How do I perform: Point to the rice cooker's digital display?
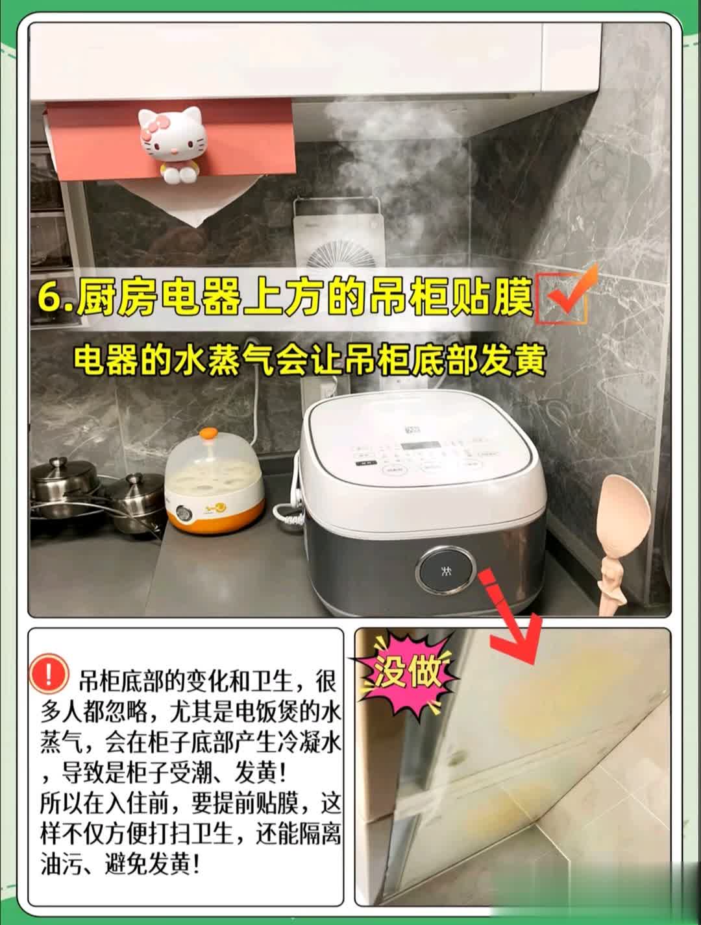click(x=420, y=446)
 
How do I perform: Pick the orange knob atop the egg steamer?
click(x=208, y=434)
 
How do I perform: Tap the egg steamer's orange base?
click(x=215, y=514)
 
